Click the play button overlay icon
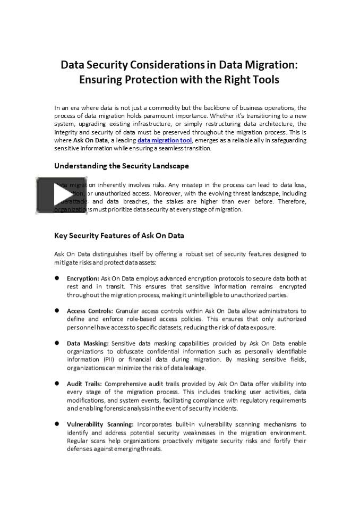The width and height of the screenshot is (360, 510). click(x=61, y=195)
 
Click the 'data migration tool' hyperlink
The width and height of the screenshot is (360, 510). click(x=164, y=140)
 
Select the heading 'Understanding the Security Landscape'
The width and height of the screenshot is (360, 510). click(x=121, y=166)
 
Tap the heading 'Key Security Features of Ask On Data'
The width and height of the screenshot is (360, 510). click(x=119, y=235)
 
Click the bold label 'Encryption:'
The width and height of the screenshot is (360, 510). click(x=83, y=278)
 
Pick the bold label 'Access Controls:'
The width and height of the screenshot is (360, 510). click(x=90, y=311)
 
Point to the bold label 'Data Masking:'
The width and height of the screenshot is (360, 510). click(x=88, y=344)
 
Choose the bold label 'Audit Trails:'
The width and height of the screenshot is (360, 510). click(x=84, y=384)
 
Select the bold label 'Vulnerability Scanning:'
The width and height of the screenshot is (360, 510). click(x=100, y=424)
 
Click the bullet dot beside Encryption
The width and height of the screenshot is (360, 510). click(x=57, y=278)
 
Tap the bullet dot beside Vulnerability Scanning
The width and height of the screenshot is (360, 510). click(x=57, y=424)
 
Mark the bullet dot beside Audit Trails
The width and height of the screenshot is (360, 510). click(x=57, y=383)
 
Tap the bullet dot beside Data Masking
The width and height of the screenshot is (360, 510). click(x=57, y=343)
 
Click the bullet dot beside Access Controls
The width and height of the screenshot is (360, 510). click(x=57, y=310)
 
